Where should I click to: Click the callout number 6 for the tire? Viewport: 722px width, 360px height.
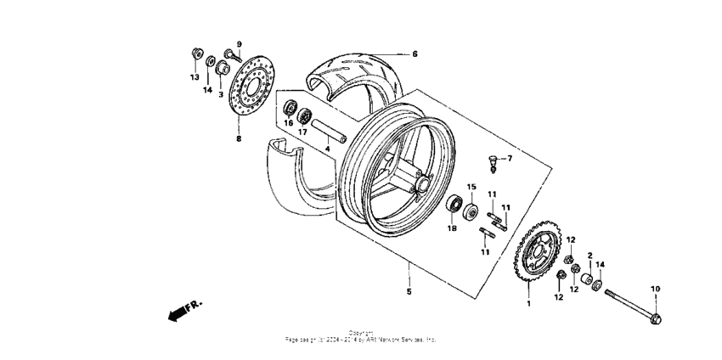click(x=415, y=53)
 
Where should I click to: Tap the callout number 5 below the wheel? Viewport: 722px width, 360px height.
click(x=409, y=292)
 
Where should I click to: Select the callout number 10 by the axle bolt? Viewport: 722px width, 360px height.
click(x=655, y=289)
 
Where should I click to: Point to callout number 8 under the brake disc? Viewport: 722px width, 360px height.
click(x=239, y=138)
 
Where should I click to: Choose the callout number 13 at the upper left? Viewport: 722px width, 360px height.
click(x=195, y=77)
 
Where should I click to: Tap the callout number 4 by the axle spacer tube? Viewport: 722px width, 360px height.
click(x=326, y=149)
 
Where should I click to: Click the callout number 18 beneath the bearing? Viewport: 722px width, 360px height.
click(x=452, y=228)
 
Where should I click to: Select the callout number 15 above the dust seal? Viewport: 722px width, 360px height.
click(x=471, y=186)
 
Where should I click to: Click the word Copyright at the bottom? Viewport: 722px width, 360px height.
click(x=361, y=333)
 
